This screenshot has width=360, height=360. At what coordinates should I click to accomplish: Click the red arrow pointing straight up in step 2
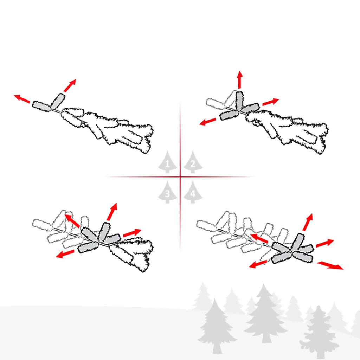(240, 80)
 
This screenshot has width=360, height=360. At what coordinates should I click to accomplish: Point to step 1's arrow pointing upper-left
(22, 99)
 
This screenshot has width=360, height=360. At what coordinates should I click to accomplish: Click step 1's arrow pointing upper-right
(70, 85)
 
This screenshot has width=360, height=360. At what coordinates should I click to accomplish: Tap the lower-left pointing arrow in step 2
(207, 121)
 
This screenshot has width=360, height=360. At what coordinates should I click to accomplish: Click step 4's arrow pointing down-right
(330, 265)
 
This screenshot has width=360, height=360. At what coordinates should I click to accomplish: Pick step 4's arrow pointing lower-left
(258, 264)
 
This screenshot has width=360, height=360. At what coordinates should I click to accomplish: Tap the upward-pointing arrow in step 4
(308, 222)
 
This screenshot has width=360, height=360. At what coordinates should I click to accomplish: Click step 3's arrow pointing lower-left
(65, 254)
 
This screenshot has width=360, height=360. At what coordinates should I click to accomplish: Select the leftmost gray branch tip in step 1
(41, 106)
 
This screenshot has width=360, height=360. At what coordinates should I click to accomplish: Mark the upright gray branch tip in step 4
(298, 242)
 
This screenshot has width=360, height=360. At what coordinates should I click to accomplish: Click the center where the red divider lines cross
(180, 177)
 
